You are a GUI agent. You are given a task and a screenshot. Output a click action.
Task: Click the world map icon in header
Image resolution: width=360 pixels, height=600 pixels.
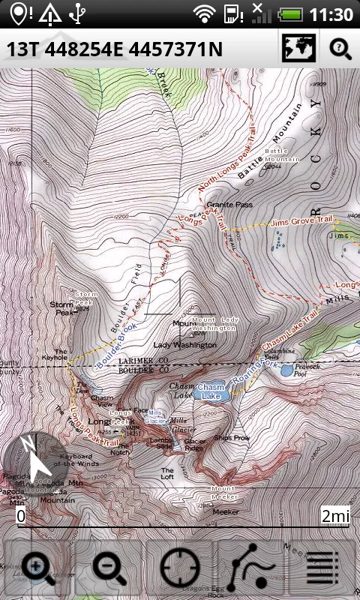[x=298, y=49]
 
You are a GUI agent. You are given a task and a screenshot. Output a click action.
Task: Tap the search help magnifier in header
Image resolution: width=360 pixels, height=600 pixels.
[x=340, y=49]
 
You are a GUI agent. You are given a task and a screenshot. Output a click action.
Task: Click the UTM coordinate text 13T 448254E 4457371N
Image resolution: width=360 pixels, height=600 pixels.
[x=115, y=49]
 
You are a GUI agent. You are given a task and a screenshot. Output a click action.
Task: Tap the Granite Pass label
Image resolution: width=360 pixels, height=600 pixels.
[x=229, y=204]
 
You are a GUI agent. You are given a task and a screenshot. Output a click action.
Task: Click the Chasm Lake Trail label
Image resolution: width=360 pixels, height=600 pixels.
[x=289, y=332]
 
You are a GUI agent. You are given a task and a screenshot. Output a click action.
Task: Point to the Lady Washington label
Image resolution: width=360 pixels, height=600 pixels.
[x=185, y=345]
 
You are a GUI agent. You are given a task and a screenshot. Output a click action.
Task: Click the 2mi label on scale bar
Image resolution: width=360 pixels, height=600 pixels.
[x=335, y=516]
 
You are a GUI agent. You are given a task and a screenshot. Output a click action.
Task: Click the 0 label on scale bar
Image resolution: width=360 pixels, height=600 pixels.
[x=21, y=516]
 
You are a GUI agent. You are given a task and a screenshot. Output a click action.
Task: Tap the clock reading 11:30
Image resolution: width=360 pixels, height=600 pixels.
[x=331, y=14]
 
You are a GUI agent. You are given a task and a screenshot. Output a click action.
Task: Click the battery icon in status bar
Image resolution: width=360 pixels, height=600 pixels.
[x=291, y=14]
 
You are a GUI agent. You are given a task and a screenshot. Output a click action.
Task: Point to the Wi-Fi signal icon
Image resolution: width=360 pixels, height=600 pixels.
[x=203, y=13]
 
